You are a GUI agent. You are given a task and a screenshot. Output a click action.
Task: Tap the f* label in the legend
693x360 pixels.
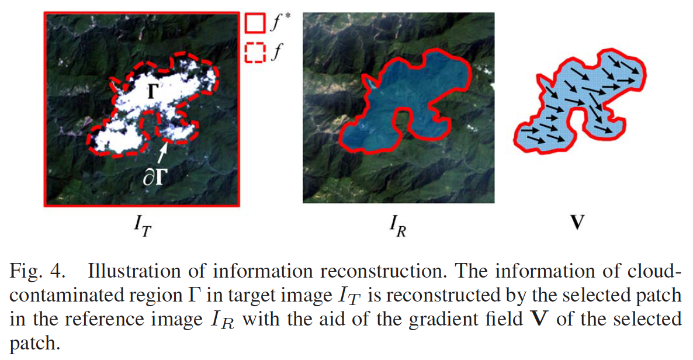(x=277, y=25)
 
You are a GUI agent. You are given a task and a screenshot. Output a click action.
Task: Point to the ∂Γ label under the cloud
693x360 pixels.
(x=154, y=178)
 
